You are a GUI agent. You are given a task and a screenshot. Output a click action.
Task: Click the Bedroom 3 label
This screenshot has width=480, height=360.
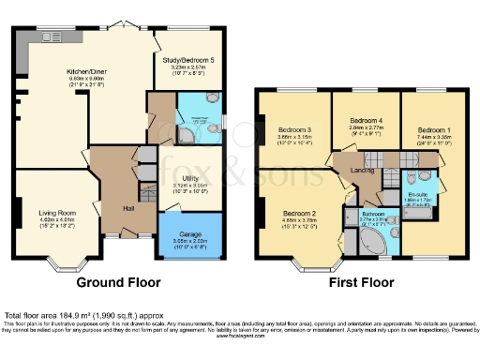pyautogui.click(x=294, y=130)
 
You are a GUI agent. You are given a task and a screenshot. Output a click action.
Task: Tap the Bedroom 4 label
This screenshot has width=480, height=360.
pyautogui.click(x=367, y=121)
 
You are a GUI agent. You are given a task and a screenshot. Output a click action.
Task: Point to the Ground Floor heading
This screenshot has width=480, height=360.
pyautogui.click(x=118, y=282)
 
